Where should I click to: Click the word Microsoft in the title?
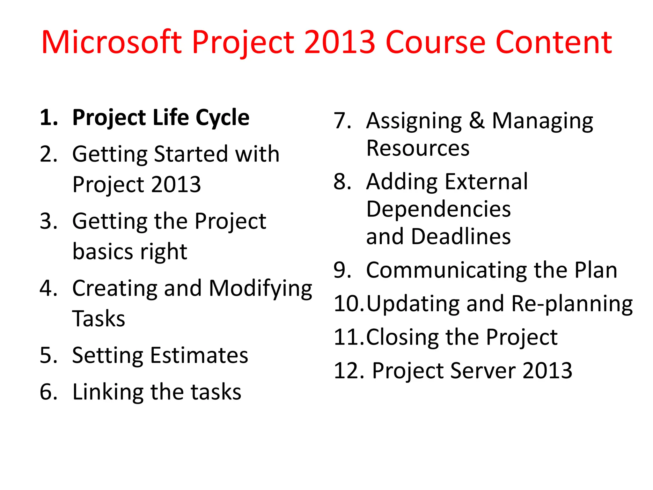112,42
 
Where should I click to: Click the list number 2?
48,154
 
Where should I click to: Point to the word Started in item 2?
190,154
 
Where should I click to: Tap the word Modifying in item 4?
260,289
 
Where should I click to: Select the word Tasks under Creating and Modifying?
99,319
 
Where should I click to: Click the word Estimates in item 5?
199,355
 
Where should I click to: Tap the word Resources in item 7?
418,148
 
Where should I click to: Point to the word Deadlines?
461,237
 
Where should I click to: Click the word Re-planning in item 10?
572,304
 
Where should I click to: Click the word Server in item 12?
483,371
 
